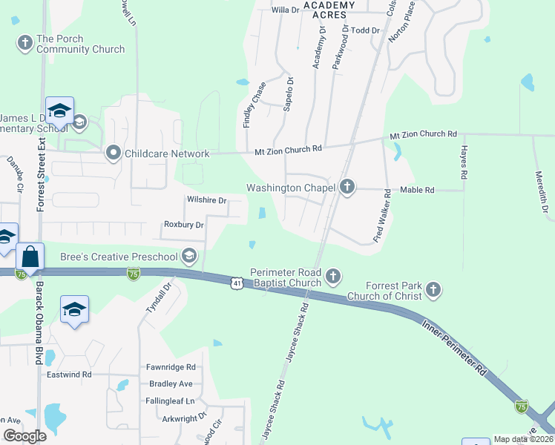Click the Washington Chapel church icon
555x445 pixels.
347,188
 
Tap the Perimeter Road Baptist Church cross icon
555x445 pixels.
333,277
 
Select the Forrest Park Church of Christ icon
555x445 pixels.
434,289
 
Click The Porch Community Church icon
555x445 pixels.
24,43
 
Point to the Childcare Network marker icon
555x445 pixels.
114,153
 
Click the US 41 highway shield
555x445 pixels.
236,283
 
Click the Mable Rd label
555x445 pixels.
417,190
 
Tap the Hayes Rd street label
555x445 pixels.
464,165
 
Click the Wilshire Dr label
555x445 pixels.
206,200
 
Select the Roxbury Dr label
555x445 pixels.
183,224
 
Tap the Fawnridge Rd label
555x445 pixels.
171,367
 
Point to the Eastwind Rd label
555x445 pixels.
68,375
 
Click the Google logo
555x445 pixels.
24,436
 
